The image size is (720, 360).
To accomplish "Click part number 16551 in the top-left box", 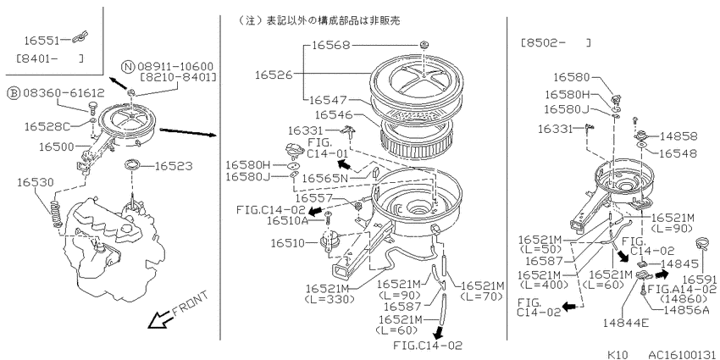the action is pos(42,41).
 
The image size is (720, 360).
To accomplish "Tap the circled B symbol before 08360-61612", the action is pos(14,93).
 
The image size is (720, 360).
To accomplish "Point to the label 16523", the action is pos(174,166).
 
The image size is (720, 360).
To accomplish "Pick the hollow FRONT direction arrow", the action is pos(158,319).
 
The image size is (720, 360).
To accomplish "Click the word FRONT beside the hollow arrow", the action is pos(190,304).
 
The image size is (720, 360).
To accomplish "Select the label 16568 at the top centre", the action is pos(330,45).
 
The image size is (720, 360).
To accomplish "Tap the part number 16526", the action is pos(274,75).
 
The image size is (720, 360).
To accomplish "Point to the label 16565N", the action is pos(324,178).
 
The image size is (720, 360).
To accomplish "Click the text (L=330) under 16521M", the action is pos(330,299).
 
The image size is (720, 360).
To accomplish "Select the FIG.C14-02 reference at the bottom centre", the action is pos(428,346).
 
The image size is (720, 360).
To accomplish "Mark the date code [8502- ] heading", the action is pos(556,43).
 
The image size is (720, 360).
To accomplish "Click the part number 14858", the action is pos(678,136).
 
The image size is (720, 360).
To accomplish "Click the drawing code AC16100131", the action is pos(682,355).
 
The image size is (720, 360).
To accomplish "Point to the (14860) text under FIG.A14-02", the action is pos(678,299).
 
